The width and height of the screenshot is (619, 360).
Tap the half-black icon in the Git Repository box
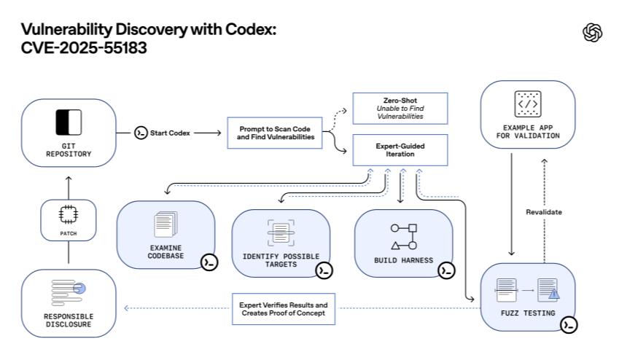click(69, 121)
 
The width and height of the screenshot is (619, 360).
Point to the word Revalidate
click(543, 213)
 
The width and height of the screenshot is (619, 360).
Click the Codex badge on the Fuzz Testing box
click(568, 325)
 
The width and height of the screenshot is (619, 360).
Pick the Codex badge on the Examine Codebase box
click(209, 262)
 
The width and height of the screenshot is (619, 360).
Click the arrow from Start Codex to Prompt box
click(207, 133)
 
